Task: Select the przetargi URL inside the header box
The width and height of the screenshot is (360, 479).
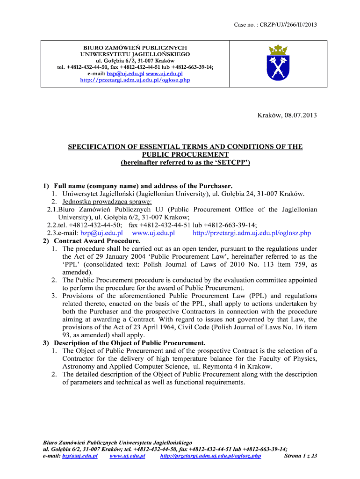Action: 135,80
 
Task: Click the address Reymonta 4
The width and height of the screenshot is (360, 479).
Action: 220,366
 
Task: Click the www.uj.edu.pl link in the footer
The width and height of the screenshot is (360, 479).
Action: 127,456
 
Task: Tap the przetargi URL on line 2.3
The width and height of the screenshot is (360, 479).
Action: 252,233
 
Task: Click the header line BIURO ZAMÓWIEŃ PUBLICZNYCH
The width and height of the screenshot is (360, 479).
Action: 135,48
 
